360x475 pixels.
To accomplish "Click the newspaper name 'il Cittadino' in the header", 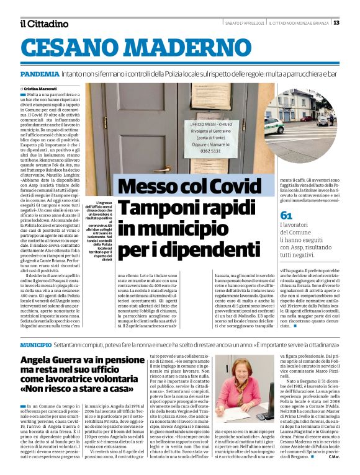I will click(x=43, y=24).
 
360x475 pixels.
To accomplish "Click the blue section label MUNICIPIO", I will click(x=35, y=344).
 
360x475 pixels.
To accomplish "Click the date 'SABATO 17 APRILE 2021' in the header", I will click(x=245, y=23).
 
